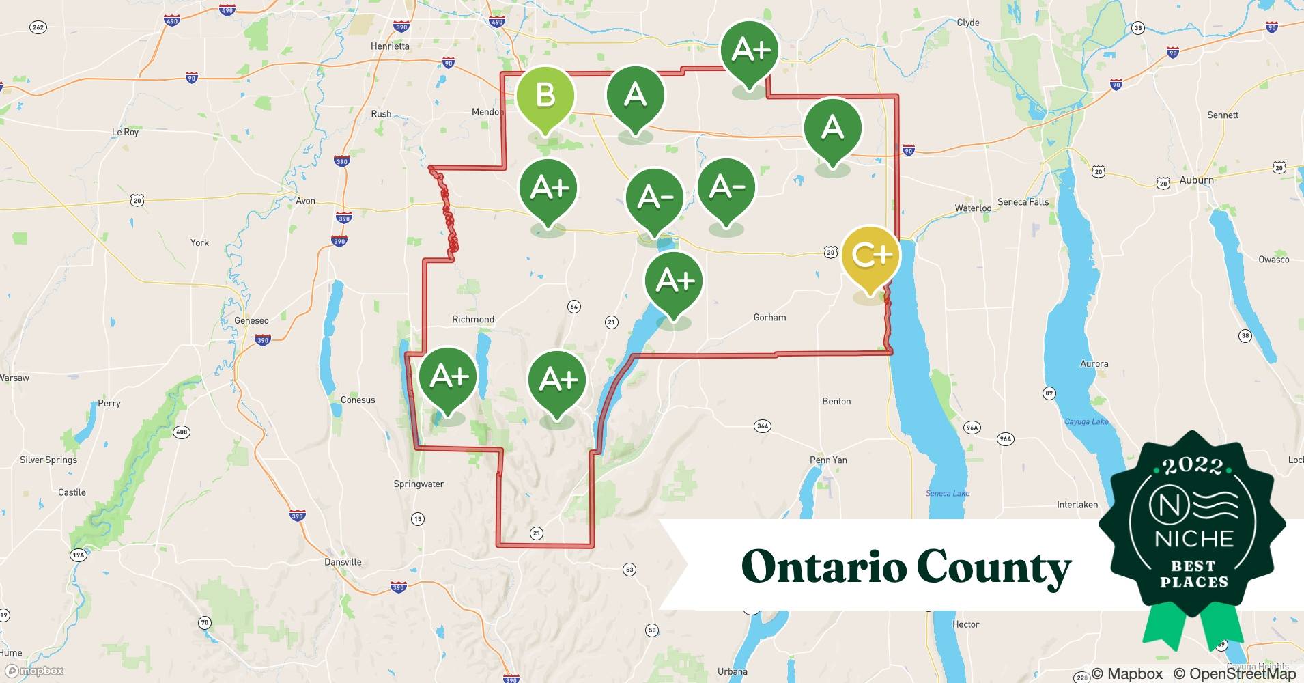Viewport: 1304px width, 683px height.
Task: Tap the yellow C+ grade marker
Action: [870, 255]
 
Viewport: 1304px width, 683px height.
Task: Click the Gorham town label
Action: [769, 318]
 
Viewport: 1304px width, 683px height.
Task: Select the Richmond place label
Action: [472, 320]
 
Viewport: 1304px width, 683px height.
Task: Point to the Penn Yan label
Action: [828, 460]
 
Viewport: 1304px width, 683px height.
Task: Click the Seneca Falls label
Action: [1023, 202]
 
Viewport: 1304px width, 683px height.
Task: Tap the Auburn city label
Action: [1196, 180]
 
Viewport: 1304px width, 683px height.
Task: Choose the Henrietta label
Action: [390, 46]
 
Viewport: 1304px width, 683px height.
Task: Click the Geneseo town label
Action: [251, 321]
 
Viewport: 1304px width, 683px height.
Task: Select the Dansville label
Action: [343, 562]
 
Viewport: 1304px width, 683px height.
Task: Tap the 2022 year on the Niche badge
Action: [1193, 466]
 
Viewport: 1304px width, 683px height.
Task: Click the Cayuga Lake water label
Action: [1086, 422]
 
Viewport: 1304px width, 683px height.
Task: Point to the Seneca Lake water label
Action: [947, 493]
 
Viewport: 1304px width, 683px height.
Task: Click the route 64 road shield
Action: [573, 307]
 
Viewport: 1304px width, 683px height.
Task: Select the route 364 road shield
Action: [763, 426]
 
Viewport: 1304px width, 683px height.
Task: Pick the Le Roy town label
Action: [125, 133]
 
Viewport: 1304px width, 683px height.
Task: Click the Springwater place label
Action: [419, 484]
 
